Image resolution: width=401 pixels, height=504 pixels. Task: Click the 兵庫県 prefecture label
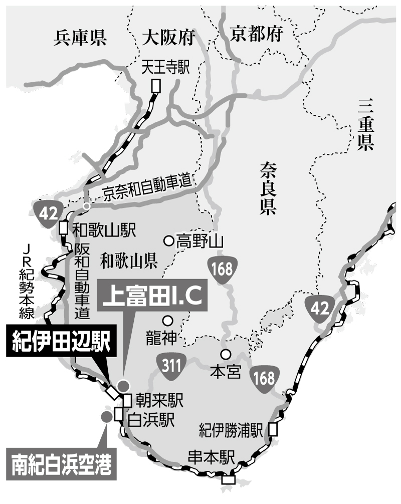(x=80, y=38)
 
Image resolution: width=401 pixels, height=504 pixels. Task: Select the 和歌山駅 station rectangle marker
(x=63, y=227)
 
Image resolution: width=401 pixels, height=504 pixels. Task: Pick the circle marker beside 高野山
(x=169, y=240)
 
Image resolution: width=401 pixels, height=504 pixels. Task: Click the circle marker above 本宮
(x=226, y=354)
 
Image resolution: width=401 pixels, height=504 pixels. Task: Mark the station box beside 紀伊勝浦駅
(x=272, y=429)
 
